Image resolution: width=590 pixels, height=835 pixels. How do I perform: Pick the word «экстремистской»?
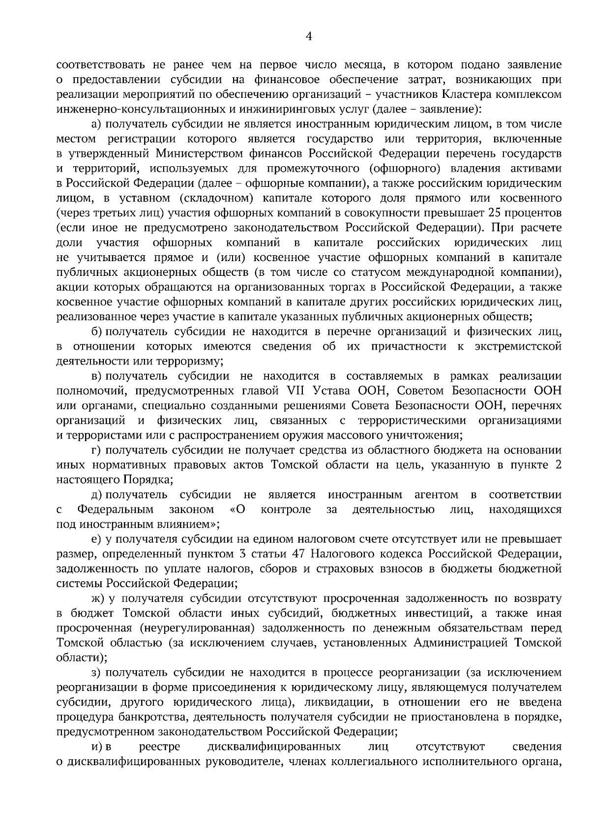pyautogui.click(x=518, y=347)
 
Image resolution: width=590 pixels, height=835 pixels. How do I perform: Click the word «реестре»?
pyautogui.click(x=160, y=746)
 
